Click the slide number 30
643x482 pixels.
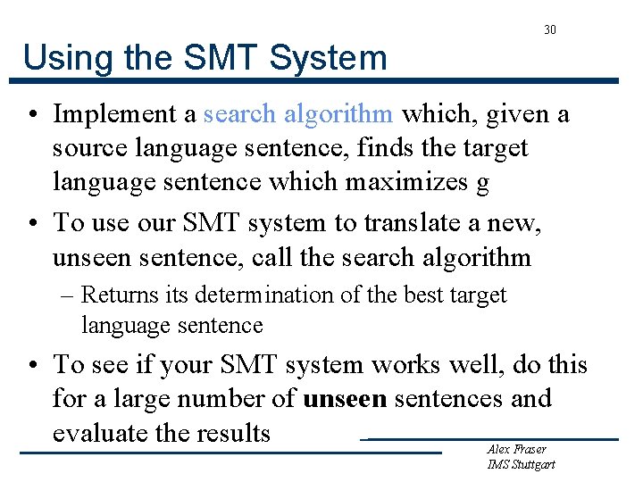point(550,30)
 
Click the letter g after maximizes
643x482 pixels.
point(483,184)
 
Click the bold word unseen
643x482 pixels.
point(345,399)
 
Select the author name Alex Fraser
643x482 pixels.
point(517,450)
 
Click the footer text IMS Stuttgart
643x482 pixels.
point(522,465)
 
